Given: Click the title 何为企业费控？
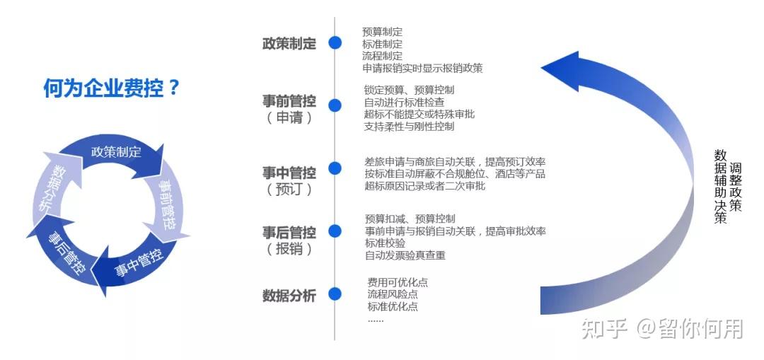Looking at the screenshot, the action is coord(112,88).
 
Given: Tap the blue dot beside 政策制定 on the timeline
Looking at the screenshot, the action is coord(335,43).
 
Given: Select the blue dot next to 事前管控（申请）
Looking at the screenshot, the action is coord(335,105).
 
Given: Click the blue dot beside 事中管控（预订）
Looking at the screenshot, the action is coord(335,168).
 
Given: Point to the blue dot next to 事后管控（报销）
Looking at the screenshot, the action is coord(335,231).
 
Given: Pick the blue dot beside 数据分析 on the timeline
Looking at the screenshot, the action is coord(335,294).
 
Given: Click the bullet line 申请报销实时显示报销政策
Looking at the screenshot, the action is coord(422,68).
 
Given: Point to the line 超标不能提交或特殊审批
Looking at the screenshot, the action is coord(419,115).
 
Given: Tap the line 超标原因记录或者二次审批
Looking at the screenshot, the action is coord(425,185).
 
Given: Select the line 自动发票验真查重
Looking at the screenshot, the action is coord(405,255).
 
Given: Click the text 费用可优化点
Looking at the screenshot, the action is coord(398,282).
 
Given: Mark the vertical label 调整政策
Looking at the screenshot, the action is coord(735,187).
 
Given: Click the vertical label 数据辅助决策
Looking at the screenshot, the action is coord(721,187).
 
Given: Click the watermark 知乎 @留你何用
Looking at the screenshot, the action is coord(662,329).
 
